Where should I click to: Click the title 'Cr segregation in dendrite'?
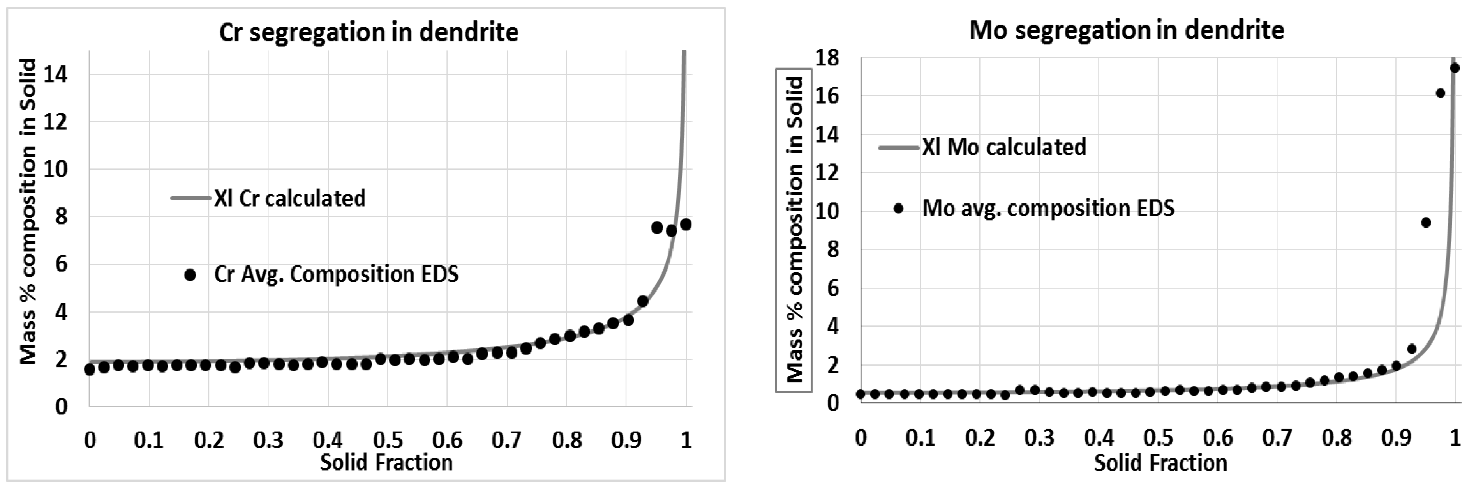369,32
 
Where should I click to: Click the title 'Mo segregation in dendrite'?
1127,30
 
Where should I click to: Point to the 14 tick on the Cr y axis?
59,74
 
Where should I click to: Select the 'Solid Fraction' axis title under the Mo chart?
1160,463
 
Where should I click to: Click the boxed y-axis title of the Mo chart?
793,230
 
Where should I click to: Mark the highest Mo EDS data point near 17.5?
1454,68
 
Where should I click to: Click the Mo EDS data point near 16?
1440,93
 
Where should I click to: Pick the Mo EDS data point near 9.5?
1426,223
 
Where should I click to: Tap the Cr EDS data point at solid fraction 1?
686,225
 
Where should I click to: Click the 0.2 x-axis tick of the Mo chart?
980,438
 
